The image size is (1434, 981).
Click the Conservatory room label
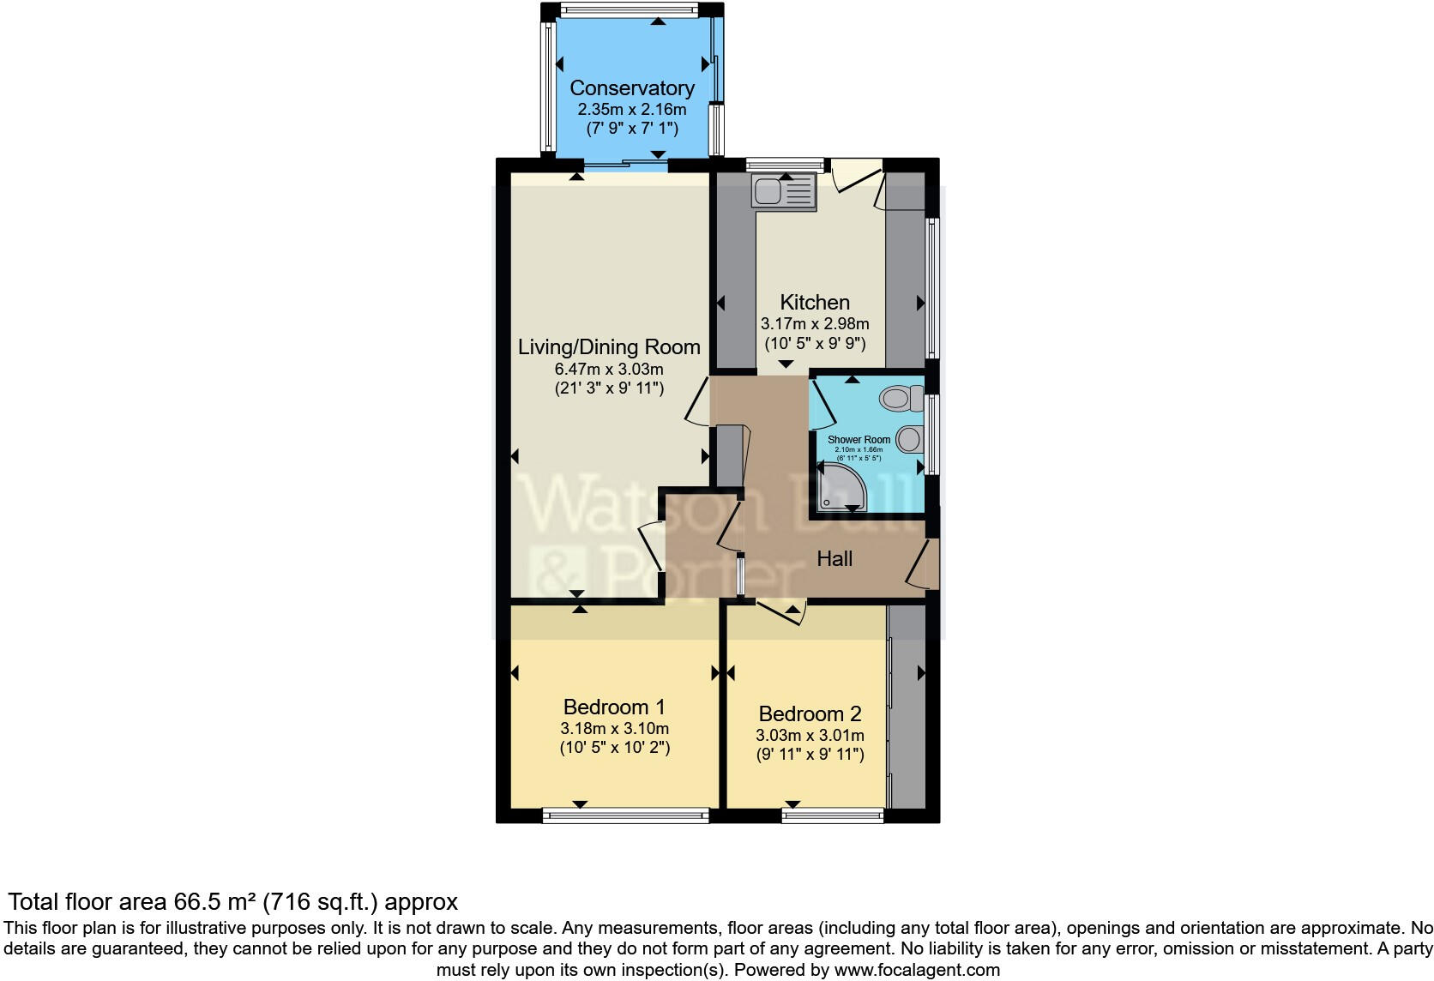(631, 88)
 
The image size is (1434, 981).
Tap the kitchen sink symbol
(783, 191)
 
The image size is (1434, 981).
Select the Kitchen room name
(814, 303)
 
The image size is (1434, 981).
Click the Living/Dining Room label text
(609, 347)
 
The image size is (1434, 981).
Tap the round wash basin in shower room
(909, 440)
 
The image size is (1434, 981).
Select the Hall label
(834, 559)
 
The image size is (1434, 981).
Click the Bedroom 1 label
(614, 707)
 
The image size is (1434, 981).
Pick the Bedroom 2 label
(810, 714)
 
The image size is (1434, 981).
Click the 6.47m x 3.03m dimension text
(609, 370)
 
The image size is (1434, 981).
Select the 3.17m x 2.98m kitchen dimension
(814, 324)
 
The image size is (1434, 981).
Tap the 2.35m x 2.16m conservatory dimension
(631, 110)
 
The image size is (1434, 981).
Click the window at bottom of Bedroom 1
(626, 815)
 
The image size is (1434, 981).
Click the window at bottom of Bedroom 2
(833, 815)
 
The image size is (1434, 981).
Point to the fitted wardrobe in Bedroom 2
(907, 707)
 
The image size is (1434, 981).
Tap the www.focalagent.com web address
(917, 970)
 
